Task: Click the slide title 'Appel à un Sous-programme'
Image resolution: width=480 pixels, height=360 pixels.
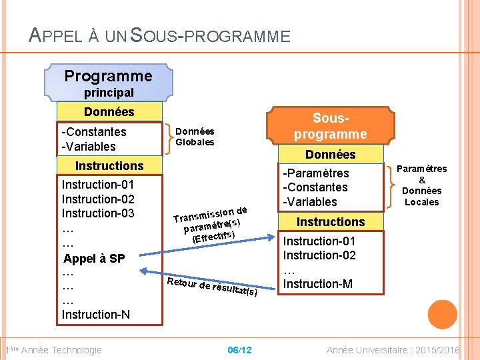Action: [160, 35]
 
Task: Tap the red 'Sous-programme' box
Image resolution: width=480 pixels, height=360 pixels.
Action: [330, 126]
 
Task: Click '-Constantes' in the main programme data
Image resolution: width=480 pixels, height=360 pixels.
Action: [94, 132]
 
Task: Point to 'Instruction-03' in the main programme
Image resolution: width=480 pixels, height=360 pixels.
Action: [98, 213]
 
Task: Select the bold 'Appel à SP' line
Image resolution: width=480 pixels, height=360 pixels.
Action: [93, 259]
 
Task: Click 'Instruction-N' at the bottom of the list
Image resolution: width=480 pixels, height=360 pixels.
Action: [96, 314]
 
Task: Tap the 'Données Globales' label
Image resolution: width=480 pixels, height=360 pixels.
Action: [195, 137]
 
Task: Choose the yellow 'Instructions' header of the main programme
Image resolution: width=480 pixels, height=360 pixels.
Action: [109, 166]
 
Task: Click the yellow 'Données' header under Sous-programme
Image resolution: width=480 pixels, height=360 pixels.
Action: [330, 155]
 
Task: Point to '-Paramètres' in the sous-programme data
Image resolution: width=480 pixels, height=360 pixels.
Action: [316, 173]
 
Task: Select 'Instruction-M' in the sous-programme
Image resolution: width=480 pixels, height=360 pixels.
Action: [318, 284]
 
